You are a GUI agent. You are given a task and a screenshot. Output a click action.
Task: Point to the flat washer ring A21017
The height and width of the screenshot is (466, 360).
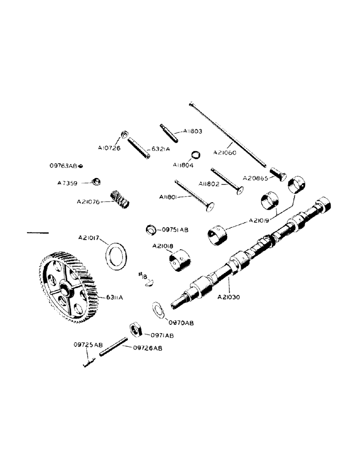click(117, 254)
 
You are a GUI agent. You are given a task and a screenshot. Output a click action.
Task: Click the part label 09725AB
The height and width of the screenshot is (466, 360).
click(88, 345)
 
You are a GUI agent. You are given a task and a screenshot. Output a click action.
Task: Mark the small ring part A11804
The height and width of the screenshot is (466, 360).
click(196, 155)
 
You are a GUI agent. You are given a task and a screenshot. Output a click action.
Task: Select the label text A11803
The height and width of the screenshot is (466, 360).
click(193, 132)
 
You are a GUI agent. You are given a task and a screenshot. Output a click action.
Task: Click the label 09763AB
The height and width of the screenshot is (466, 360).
click(64, 165)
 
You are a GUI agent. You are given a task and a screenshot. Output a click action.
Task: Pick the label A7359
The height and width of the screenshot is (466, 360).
click(68, 183)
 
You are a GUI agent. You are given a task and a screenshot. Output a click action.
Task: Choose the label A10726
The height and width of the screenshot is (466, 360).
click(109, 148)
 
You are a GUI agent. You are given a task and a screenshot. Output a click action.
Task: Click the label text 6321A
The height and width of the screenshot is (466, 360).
click(161, 149)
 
